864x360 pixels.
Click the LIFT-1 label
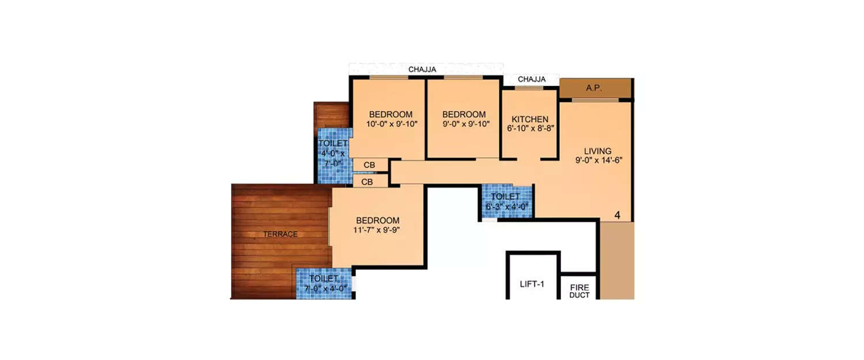532,283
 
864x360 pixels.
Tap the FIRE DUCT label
579,291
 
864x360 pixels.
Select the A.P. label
593,88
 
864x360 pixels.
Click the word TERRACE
281,234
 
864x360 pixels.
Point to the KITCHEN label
530,119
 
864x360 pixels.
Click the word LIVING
597,151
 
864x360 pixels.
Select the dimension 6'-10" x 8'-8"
530,129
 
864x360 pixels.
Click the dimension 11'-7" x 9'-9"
377,230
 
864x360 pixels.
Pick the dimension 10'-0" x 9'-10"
391,123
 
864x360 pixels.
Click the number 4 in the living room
617,215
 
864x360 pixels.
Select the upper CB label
369,165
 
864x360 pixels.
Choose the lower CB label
367,182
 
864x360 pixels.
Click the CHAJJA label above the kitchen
532,79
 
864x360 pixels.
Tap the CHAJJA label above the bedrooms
422,70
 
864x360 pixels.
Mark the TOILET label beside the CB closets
333,143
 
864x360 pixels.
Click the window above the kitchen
529,88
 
